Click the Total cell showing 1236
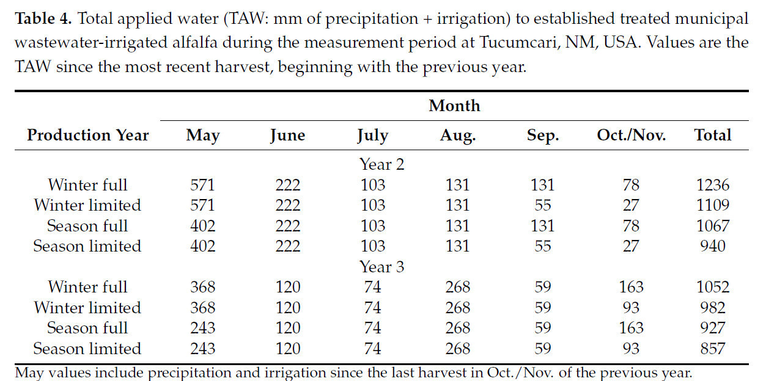[713, 184]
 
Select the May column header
[202, 135]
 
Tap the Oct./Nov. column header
[630, 135]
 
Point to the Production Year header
[87, 135]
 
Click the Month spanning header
[454, 106]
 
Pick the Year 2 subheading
[382, 164]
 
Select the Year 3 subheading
[382, 267]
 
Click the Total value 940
[713, 246]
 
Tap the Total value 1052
[713, 287]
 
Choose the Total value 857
[713, 349]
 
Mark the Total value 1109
[713, 205]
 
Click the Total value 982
[713, 308]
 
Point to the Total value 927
[713, 328]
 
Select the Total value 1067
[713, 225]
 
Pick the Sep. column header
[542, 135]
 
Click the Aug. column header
[458, 135]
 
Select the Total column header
[713, 135]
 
